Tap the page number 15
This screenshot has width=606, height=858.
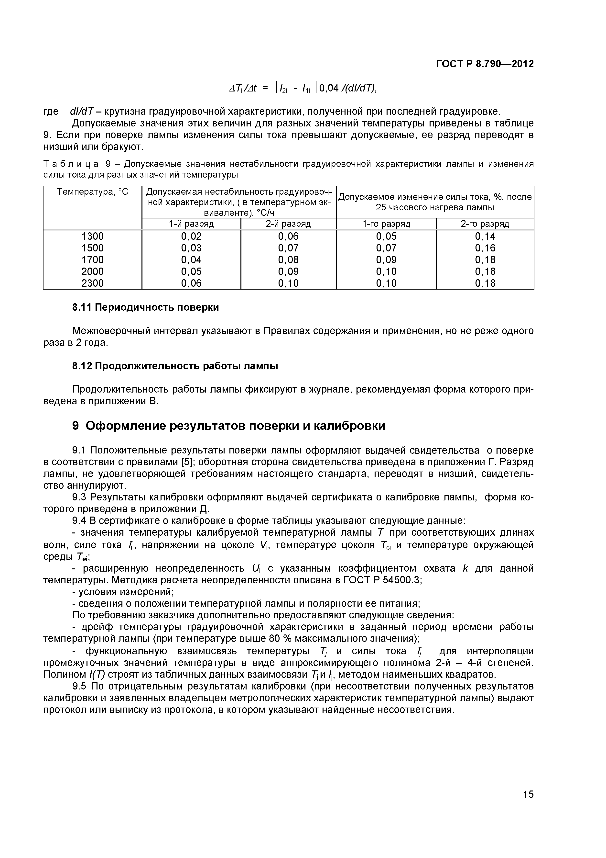tap(528, 805)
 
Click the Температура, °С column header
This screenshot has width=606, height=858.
tap(93, 192)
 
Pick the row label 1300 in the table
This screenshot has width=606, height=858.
tap(93, 236)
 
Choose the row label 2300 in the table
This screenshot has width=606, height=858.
tap(93, 283)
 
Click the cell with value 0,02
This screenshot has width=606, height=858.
tap(191, 236)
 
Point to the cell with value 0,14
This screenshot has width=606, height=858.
tap(485, 236)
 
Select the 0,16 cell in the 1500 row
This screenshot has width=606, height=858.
tap(485, 248)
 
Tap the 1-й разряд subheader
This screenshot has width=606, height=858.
tap(191, 224)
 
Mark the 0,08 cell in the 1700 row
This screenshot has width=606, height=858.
tap(288, 260)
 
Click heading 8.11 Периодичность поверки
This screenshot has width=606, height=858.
tap(146, 307)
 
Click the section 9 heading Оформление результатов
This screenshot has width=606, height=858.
tap(228, 426)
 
